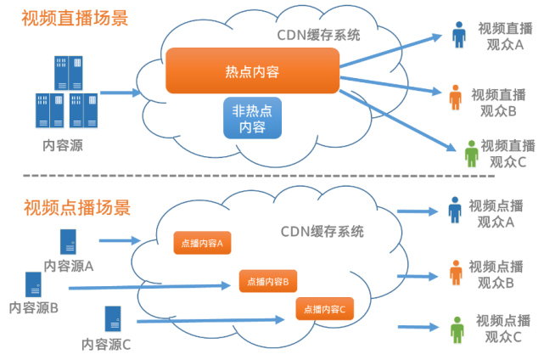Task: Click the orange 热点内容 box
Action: pyautogui.click(x=252, y=70)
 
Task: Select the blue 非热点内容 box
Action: pyautogui.click(x=252, y=118)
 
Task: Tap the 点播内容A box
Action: pyautogui.click(x=202, y=243)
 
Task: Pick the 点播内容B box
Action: pyautogui.click(x=268, y=281)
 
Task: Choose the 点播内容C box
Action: pyautogui.click(x=325, y=308)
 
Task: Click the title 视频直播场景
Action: pyautogui.click(x=75, y=18)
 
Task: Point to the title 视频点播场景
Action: pyautogui.click(x=77, y=208)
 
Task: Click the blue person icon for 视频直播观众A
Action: pyautogui.click(x=458, y=35)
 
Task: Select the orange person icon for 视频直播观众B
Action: pyautogui.click(x=455, y=97)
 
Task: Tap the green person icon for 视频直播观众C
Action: pyautogui.click(x=471, y=154)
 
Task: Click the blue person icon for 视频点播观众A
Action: pyautogui.click(x=455, y=210)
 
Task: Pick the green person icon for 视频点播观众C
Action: pyautogui.click(x=457, y=329)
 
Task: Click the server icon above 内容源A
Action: pyautogui.click(x=68, y=242)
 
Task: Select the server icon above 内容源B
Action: pyautogui.click(x=33, y=284)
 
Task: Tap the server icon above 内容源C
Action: pyautogui.click(x=113, y=318)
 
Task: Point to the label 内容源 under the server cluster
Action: pyautogui.click(x=63, y=145)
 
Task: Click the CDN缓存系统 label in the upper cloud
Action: pyautogui.click(x=318, y=35)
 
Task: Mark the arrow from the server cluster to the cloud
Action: pyautogui.click(x=121, y=93)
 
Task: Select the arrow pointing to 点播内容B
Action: pyautogui.click(x=149, y=286)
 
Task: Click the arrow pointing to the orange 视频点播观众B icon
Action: pyautogui.click(x=418, y=276)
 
